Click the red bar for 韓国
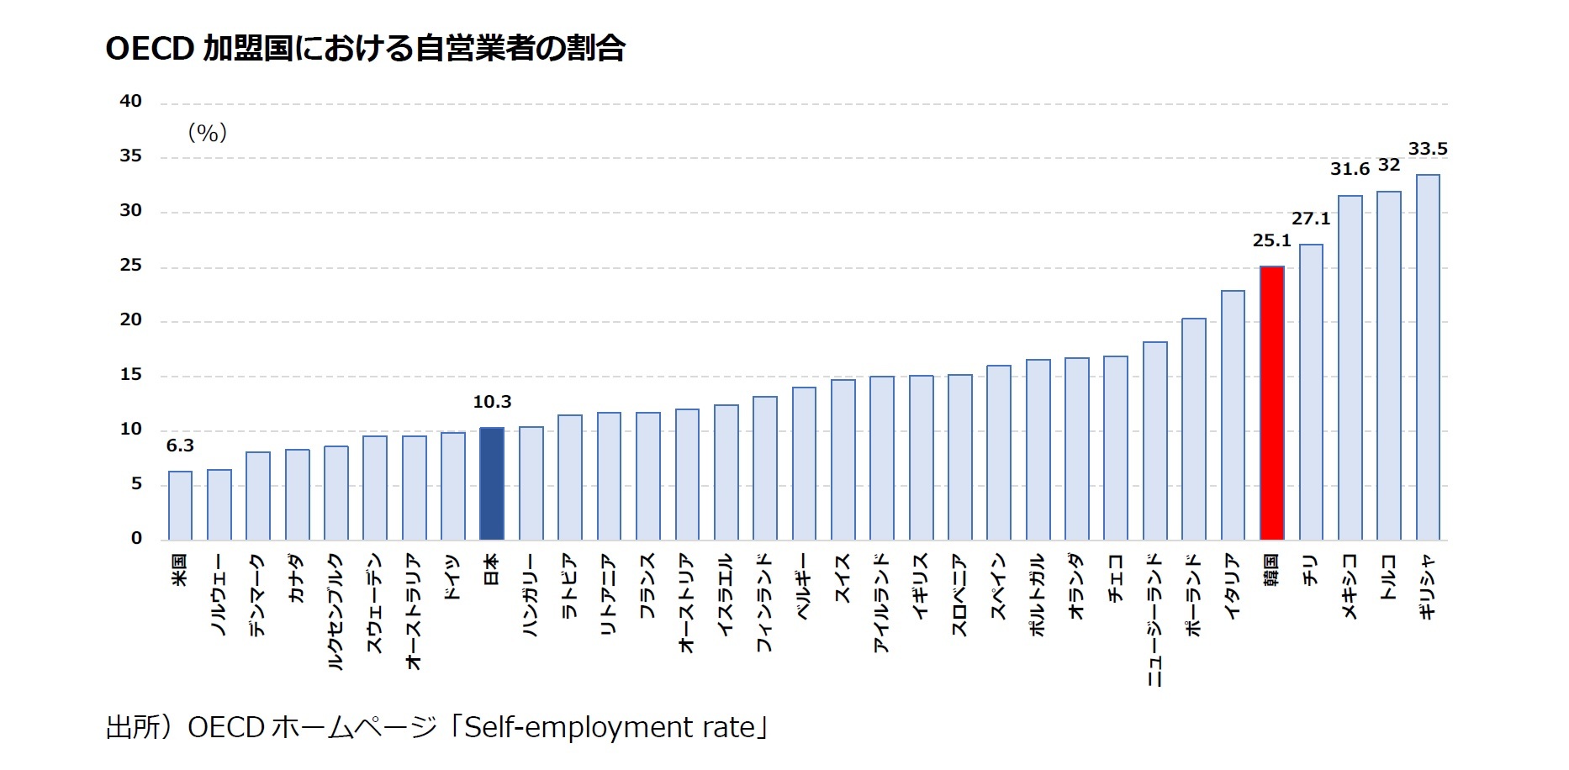click(x=1271, y=403)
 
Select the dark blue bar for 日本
click(x=492, y=483)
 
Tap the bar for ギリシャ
click(x=1428, y=357)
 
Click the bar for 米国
click(x=180, y=505)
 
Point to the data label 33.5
click(x=1428, y=150)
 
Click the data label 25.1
click(x=1271, y=241)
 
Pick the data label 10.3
click(x=492, y=403)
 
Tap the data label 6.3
click(x=180, y=446)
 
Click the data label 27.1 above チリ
click(x=1311, y=219)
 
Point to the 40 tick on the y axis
click(x=131, y=102)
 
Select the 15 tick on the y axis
click(x=131, y=375)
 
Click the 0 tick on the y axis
click(x=136, y=539)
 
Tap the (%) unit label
click(x=207, y=133)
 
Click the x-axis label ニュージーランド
click(x=1154, y=620)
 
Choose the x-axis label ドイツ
click(x=452, y=577)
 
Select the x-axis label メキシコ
click(x=1350, y=587)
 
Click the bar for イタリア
click(x=1233, y=415)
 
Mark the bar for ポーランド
click(x=1193, y=429)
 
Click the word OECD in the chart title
click(x=150, y=49)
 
